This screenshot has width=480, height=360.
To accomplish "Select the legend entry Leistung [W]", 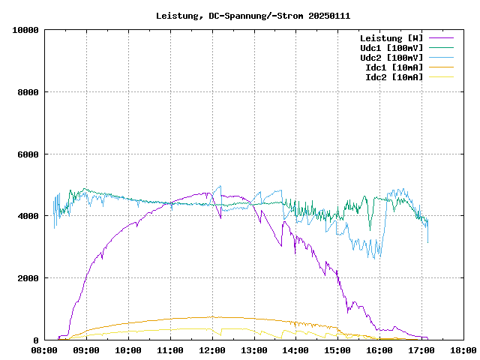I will click(391, 38).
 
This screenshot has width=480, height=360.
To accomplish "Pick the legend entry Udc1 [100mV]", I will click(391, 48).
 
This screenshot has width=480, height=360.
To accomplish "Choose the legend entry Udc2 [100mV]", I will click(391, 58).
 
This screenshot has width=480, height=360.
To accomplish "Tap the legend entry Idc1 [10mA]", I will click(394, 67).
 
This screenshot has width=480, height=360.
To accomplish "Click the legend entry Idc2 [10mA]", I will click(394, 77).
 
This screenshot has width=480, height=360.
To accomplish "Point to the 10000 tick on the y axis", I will click(26, 30).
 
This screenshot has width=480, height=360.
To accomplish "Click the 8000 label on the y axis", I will click(28, 92).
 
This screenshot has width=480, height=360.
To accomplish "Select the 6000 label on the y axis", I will click(28, 154).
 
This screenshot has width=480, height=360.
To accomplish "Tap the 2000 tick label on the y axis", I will click(28, 278).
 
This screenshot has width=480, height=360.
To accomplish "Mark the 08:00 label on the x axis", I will click(45, 350).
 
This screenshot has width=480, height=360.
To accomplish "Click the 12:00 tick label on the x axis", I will click(212, 350).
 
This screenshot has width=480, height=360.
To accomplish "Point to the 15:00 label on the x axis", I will click(337, 350).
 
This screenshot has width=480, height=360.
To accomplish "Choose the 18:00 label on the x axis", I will click(463, 350).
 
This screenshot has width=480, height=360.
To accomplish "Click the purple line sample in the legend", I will click(441, 37).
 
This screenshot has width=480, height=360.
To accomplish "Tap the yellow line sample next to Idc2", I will click(441, 76).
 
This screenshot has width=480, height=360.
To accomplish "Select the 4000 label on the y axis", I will click(28, 216).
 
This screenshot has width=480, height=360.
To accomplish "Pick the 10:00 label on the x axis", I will click(128, 350).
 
